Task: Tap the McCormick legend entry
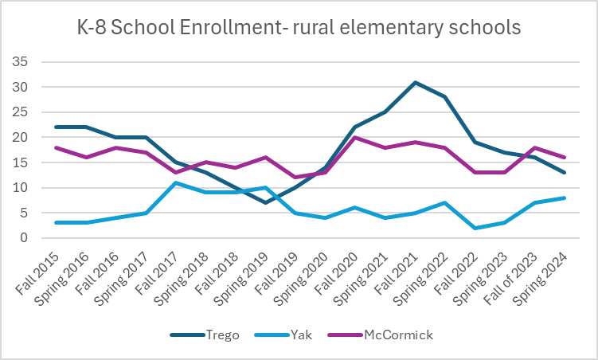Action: (x=391, y=335)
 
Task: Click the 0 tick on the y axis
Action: (x=25, y=238)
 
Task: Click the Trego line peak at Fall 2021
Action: (x=415, y=82)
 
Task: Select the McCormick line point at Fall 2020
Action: (x=354, y=137)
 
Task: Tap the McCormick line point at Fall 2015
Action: (x=55, y=147)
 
